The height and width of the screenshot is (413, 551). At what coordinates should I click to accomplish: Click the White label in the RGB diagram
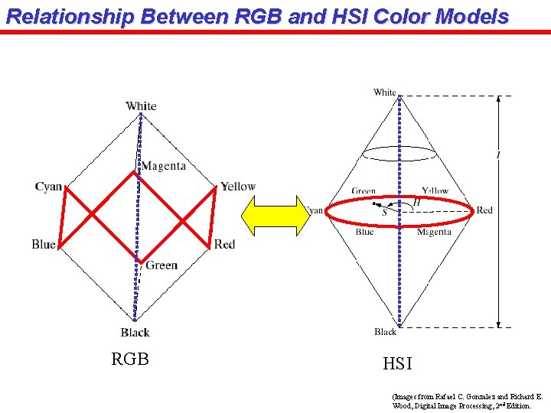(141, 106)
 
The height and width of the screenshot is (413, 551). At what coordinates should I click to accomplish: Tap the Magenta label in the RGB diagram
(163, 166)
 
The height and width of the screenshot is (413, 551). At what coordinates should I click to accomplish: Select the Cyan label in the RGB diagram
(48, 187)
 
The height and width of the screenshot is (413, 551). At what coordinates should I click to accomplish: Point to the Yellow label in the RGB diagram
(238, 187)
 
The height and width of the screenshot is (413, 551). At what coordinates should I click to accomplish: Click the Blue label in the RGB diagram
(44, 244)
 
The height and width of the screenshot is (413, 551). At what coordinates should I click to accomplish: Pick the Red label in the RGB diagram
(224, 244)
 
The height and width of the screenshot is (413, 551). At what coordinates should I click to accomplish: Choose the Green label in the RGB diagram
(161, 265)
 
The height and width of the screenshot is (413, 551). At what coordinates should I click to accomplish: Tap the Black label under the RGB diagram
(135, 332)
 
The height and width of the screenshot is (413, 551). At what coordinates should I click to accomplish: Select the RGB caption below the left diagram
(130, 359)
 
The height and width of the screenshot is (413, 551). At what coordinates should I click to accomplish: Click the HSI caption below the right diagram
(397, 365)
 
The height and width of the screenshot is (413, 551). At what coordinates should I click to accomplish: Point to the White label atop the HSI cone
(385, 93)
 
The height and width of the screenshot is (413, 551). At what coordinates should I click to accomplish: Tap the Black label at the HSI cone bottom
(386, 332)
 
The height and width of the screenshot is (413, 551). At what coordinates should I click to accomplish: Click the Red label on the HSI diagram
(484, 210)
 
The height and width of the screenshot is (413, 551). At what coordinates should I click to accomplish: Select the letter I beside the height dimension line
(498, 155)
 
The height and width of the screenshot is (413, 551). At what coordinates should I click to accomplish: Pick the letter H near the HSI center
(417, 202)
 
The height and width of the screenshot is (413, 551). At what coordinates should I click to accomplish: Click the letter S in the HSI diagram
(384, 213)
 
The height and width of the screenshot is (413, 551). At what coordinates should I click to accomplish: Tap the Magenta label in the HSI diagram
(434, 232)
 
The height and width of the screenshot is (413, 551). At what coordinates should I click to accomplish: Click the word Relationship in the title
(60, 16)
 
